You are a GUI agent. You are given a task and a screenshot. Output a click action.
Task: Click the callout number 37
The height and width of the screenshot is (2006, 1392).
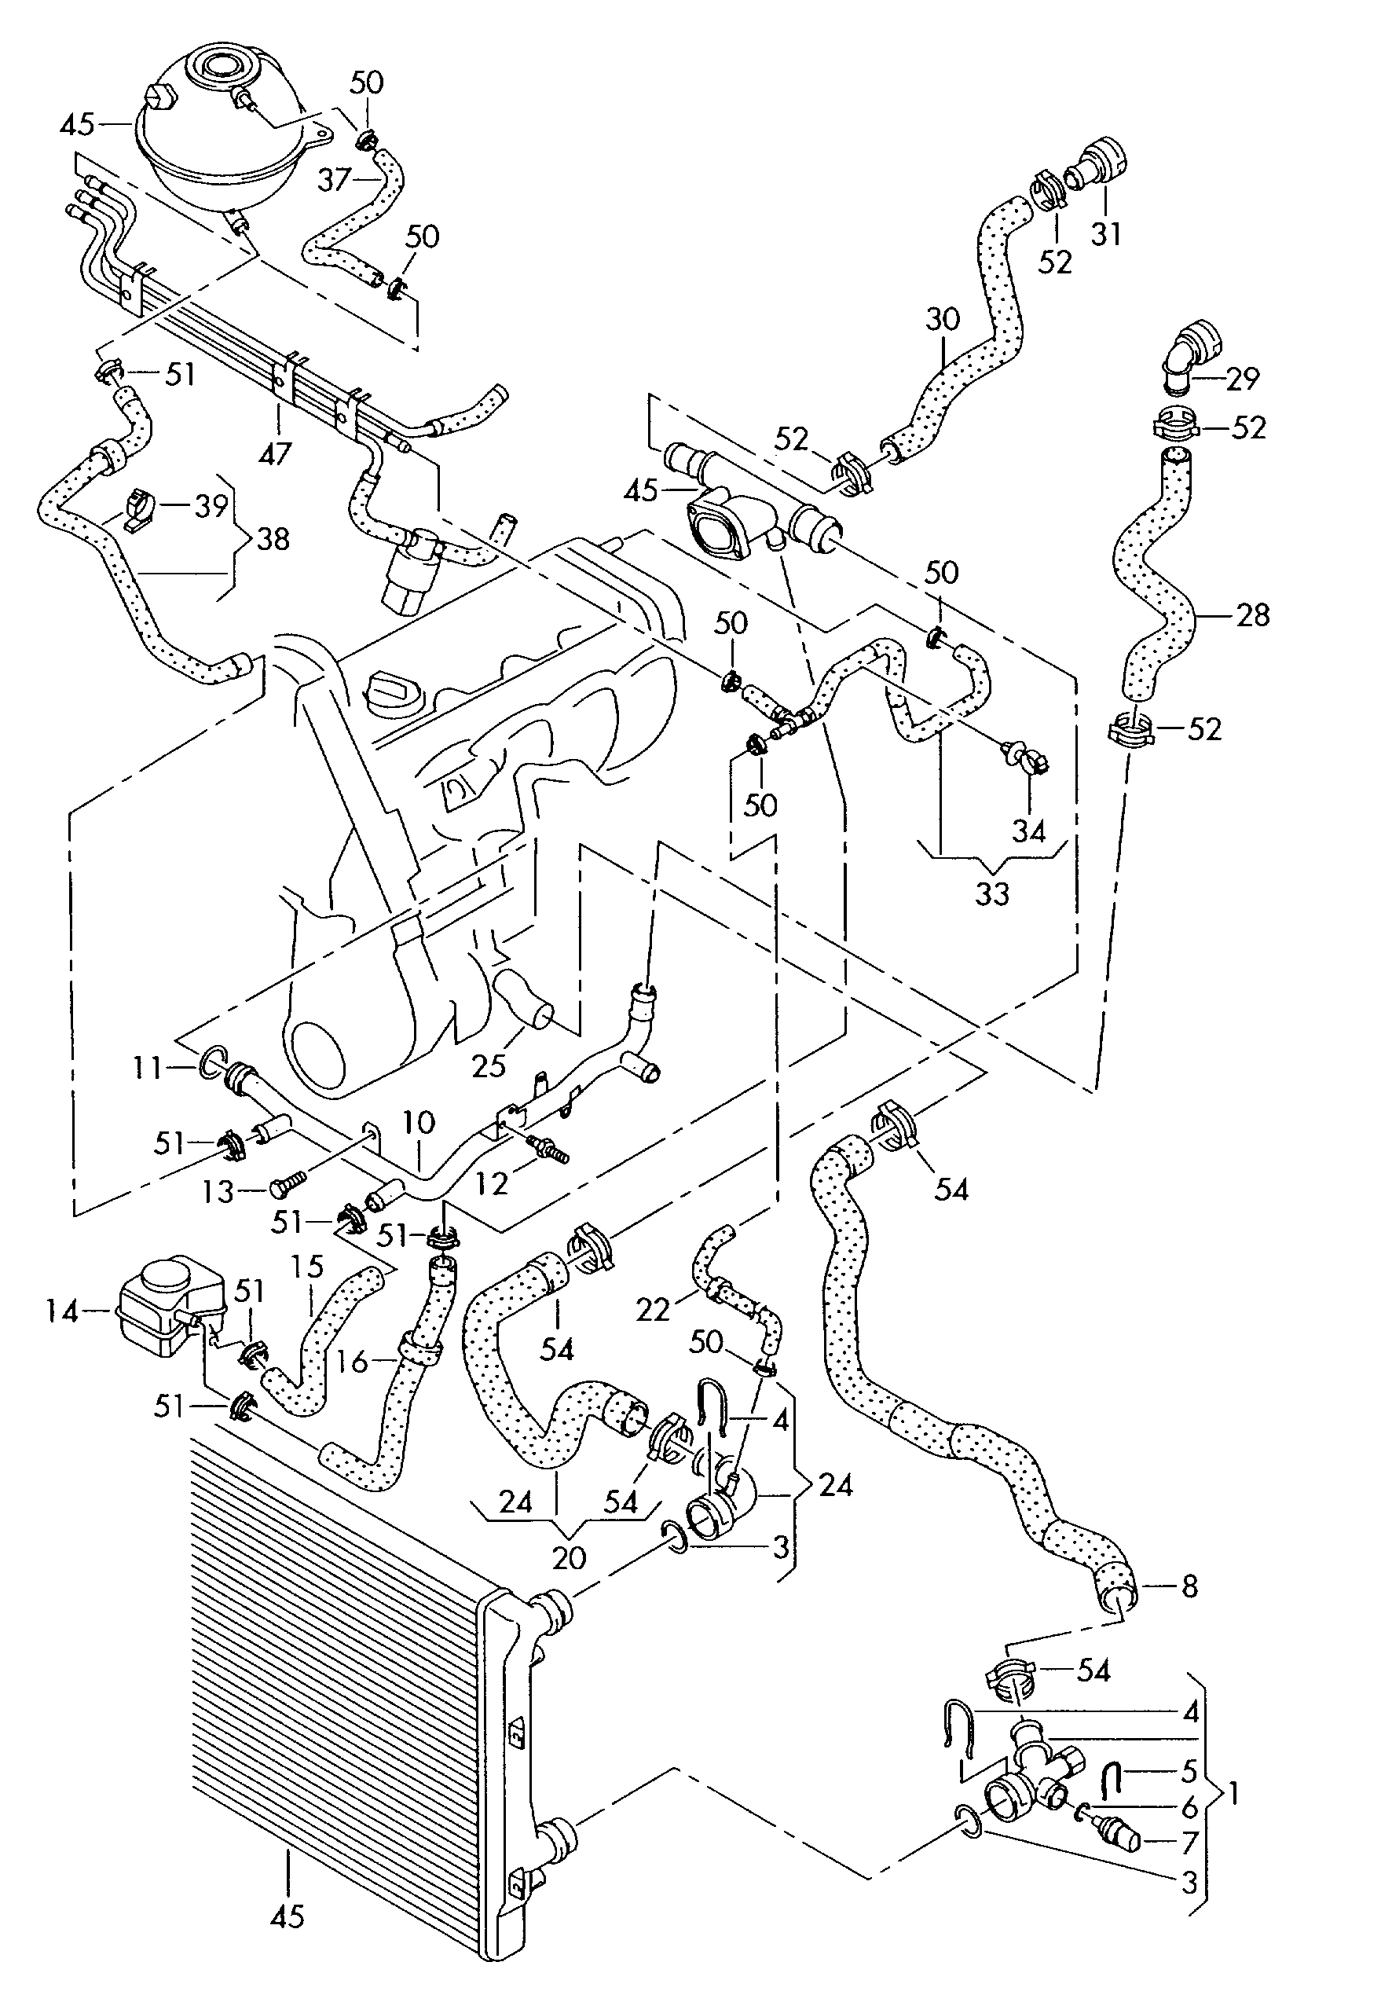click(x=333, y=180)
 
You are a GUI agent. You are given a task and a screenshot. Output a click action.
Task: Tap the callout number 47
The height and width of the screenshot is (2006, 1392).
click(x=275, y=453)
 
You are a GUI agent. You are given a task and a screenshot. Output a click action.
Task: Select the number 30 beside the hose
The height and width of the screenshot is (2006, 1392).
click(x=942, y=319)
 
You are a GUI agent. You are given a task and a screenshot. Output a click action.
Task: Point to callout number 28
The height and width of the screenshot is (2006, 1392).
click(x=1252, y=615)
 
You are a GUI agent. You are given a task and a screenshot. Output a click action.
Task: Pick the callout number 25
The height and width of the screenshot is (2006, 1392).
click(x=489, y=1065)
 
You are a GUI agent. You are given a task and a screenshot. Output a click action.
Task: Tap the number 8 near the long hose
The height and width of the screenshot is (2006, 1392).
click(x=1189, y=1586)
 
